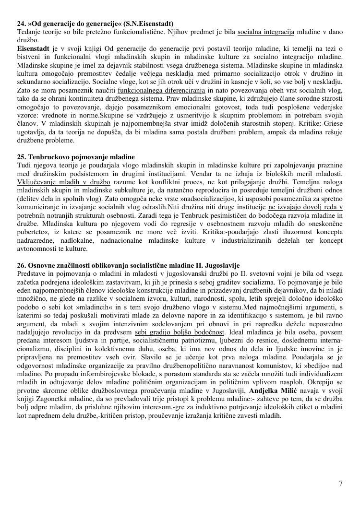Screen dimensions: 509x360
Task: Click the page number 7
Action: tap(341, 483)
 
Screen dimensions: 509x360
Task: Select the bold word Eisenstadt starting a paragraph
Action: tap(33, 48)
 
